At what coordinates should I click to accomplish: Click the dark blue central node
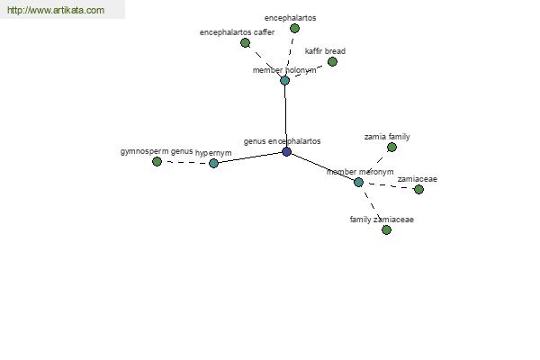(286, 151)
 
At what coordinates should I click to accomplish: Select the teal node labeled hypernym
(213, 163)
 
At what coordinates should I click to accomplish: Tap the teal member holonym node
(284, 81)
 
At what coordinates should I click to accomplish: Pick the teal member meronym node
(358, 182)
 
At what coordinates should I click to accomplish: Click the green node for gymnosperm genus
(157, 161)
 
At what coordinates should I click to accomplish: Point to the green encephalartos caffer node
(245, 42)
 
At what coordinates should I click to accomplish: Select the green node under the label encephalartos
(294, 28)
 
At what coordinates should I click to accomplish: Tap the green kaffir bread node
(332, 62)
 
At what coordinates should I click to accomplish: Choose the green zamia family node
(391, 148)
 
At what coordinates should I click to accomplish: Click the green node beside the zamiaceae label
(418, 189)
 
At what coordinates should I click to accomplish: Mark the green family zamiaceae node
(386, 229)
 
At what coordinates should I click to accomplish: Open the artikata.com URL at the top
(56, 10)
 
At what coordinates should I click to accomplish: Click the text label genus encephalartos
(282, 141)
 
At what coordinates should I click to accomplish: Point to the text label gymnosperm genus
(157, 151)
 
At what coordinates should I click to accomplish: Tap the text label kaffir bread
(325, 51)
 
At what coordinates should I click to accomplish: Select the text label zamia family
(387, 137)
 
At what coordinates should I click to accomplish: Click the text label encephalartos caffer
(237, 32)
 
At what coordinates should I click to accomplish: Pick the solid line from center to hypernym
(250, 157)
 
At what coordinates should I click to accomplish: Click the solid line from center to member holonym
(285, 116)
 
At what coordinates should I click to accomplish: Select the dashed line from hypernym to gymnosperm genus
(185, 162)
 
